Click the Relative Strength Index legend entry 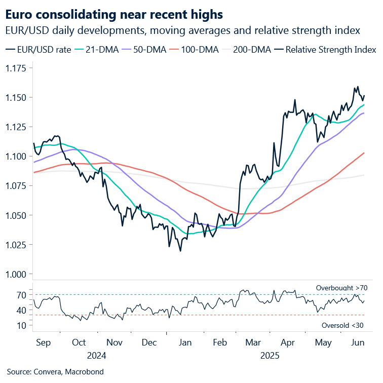click(326, 50)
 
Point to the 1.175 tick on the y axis click(17, 68)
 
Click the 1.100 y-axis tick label click(17, 156)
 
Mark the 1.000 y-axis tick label click(17, 274)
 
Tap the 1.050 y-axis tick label click(17, 215)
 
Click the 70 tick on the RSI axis click(21, 294)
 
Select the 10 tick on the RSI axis click(21, 325)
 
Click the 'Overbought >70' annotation click(341, 288)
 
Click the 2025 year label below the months click(270, 355)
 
